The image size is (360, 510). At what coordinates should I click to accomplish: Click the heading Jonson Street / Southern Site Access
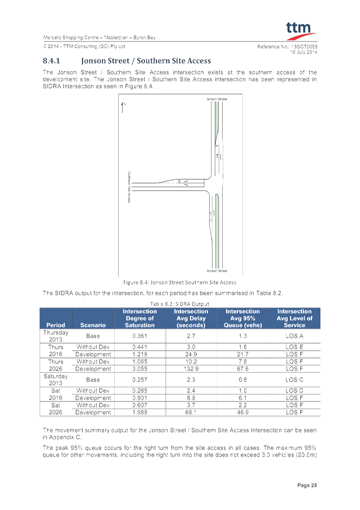pos(146,60)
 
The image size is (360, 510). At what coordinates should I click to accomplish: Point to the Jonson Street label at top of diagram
pos(216,99)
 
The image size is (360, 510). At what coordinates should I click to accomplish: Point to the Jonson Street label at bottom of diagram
pos(216,270)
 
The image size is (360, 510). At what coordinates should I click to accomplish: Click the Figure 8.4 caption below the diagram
pos(180,282)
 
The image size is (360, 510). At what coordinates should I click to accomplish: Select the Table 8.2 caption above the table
pos(180,304)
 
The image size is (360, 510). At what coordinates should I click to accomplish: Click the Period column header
pos(56,325)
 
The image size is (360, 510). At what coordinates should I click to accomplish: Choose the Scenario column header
pos(93,325)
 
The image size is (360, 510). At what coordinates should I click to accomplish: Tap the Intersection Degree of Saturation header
pos(139,318)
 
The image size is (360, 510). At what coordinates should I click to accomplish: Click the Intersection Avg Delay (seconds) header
pos(190,318)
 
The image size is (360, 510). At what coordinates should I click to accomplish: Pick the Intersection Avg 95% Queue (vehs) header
pos(242,318)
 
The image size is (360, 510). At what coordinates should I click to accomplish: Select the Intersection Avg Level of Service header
pos(294,318)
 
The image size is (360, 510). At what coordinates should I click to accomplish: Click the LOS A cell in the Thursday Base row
pos(294,336)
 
